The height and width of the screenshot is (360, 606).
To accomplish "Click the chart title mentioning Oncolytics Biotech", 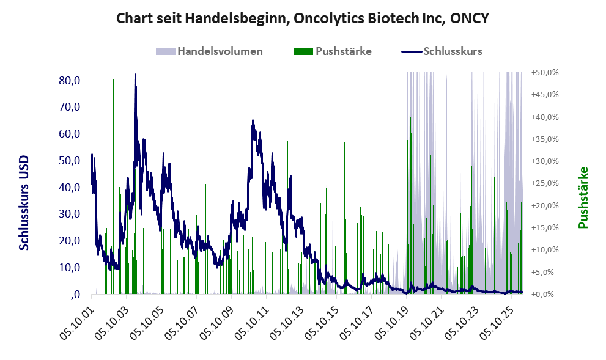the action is (303, 18).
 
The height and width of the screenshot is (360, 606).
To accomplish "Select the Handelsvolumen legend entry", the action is (209, 51).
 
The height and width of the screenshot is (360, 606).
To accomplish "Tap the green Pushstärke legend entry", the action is (333, 51).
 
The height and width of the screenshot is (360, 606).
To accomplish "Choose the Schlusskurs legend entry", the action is (442, 51).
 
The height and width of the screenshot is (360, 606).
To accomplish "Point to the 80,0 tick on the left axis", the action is (70, 80).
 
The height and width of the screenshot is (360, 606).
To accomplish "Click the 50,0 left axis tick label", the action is (70, 160).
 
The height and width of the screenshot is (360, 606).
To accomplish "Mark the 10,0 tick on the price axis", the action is (70, 267).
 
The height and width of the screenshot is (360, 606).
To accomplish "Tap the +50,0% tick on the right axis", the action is (545, 73).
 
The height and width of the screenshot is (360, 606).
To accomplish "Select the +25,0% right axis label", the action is (545, 183).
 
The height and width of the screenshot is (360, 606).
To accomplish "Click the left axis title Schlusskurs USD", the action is (24, 203).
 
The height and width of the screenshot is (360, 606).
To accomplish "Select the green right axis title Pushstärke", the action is (583, 197).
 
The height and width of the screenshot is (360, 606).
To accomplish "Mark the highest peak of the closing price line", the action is (135, 74).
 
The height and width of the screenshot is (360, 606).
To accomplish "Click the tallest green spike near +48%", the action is (113, 80).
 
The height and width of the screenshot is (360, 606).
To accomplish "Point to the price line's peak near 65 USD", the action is (253, 120).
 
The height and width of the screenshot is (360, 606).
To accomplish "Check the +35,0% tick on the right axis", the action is (545, 139).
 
